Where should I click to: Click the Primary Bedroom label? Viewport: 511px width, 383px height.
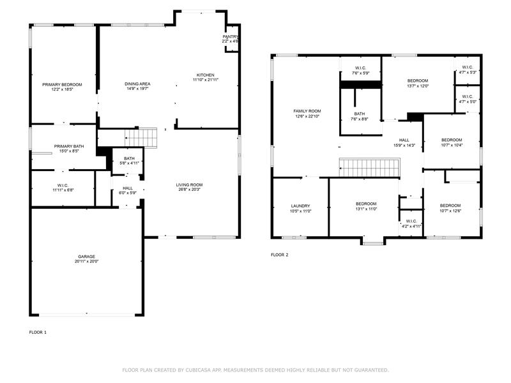tap(62, 85)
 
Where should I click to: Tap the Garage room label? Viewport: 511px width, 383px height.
tap(86, 257)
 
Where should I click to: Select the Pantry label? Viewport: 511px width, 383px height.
tap(231, 37)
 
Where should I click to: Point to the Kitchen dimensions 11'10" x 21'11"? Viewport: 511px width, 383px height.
tap(205, 80)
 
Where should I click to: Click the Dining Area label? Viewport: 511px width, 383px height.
tap(137, 84)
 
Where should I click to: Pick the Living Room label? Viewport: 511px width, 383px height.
tap(189, 184)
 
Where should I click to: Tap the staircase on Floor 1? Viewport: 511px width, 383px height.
tap(141, 138)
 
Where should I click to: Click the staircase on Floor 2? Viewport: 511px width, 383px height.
tap(370, 168)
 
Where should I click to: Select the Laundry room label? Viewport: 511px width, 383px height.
tap(300, 206)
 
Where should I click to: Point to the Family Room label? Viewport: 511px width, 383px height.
tap(307, 111)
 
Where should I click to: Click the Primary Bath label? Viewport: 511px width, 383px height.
tap(69, 147)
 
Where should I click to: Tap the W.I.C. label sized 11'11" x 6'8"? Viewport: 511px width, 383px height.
tap(63, 186)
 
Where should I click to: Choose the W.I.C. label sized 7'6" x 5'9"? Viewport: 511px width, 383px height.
tap(360, 68)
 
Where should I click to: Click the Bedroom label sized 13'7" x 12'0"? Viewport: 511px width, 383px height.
tap(418, 81)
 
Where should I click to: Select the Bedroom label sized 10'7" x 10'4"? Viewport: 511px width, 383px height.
tap(452, 140)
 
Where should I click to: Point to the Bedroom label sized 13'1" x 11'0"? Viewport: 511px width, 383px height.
tap(366, 204)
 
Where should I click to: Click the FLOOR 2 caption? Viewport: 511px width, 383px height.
tap(280, 255)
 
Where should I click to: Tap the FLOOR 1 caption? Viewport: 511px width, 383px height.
tap(38, 333)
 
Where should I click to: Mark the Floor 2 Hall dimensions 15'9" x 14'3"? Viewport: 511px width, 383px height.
tap(404, 146)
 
